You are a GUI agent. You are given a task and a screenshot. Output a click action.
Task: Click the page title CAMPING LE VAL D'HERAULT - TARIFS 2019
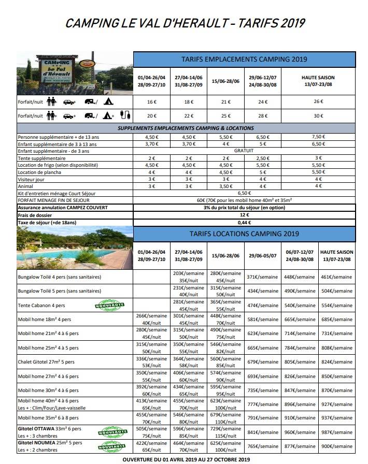(185, 23)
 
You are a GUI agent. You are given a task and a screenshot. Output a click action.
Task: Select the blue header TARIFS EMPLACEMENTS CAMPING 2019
(244, 59)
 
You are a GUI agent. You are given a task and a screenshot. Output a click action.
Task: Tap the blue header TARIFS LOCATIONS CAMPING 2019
(244, 234)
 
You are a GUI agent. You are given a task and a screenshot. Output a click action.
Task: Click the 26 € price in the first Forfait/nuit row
(318, 102)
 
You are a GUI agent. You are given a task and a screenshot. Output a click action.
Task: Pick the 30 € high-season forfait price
(318, 115)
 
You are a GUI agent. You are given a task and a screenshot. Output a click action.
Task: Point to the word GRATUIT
(244, 151)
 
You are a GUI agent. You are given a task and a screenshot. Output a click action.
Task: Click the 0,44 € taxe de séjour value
(244, 222)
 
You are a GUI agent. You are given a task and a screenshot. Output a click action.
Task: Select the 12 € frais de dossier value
(244, 214)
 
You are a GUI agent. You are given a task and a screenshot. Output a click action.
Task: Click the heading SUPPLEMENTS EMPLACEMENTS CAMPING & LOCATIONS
(186, 128)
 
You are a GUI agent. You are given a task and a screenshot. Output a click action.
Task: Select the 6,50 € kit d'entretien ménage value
(244, 192)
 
